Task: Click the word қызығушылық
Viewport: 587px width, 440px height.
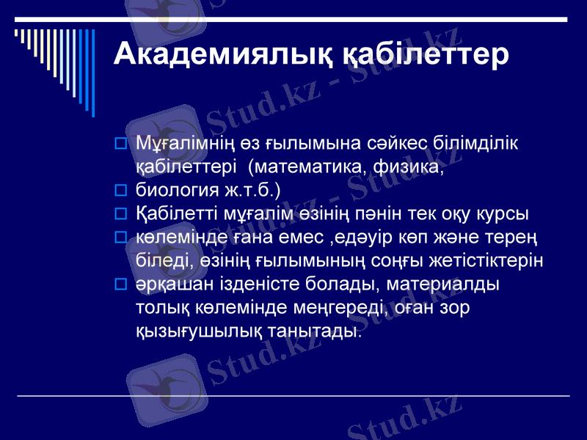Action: click(x=203, y=331)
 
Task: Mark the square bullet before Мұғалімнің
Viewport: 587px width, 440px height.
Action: click(x=122, y=143)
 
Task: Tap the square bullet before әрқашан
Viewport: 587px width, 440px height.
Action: click(x=122, y=285)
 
